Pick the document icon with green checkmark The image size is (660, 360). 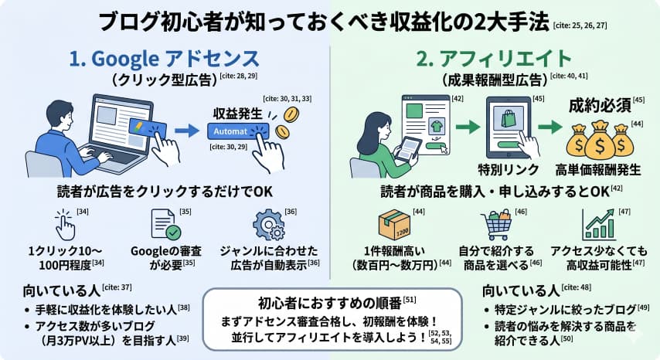(168, 225)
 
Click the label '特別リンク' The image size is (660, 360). (507, 168)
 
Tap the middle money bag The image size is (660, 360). (600, 141)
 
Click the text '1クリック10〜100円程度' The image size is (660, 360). (60, 256)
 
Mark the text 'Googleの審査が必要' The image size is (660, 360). (170, 256)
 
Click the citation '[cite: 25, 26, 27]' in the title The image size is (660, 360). (580, 25)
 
